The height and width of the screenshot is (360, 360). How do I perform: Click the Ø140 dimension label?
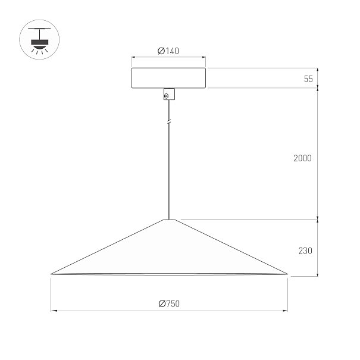point(168,51)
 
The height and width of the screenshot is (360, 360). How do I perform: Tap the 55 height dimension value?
point(308,79)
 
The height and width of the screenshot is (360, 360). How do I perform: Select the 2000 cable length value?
point(302,158)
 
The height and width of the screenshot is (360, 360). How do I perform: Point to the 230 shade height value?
point(305,251)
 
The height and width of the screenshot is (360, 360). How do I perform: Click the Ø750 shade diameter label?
point(169,303)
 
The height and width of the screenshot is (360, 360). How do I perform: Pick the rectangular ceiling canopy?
point(168,78)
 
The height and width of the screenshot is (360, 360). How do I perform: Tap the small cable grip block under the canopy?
point(169,94)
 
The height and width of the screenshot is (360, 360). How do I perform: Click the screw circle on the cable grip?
point(166,96)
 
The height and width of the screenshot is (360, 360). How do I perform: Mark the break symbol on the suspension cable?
point(169,122)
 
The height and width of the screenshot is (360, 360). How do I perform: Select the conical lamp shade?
point(169,247)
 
